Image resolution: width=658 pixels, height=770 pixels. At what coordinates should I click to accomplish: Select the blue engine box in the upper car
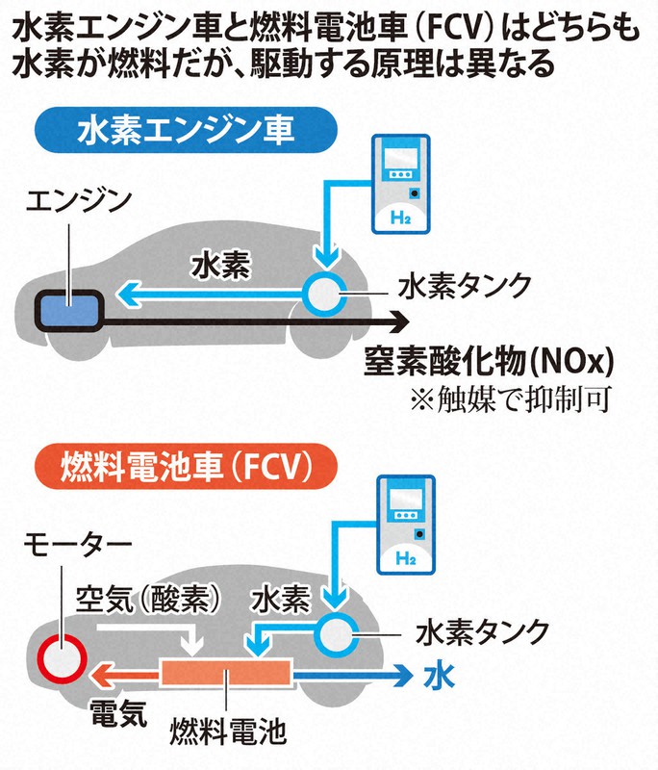(x=68, y=308)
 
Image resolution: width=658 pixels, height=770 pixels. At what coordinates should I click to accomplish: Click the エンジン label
(x=75, y=202)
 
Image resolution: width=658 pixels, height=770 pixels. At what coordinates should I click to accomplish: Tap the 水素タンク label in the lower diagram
(x=483, y=632)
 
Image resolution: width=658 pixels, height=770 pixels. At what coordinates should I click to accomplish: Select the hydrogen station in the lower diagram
(x=405, y=526)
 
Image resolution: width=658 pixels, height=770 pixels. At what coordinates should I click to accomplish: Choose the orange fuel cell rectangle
(x=226, y=673)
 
